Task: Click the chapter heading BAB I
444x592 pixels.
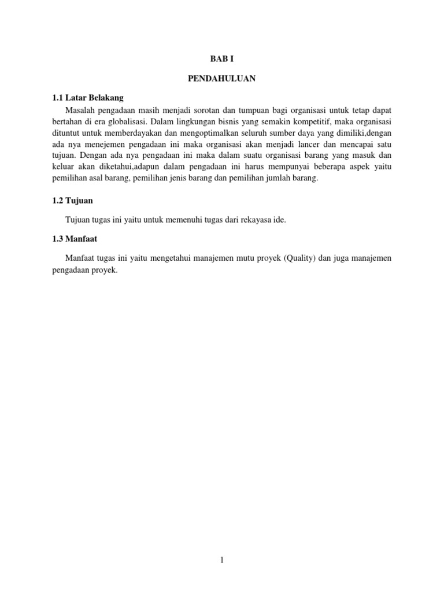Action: tap(221, 58)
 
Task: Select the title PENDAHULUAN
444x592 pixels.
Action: tap(221, 78)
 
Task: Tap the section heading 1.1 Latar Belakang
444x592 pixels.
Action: tap(88, 97)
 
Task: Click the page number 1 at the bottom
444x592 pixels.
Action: tap(221, 560)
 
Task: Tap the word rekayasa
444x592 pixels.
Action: tap(253, 220)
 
